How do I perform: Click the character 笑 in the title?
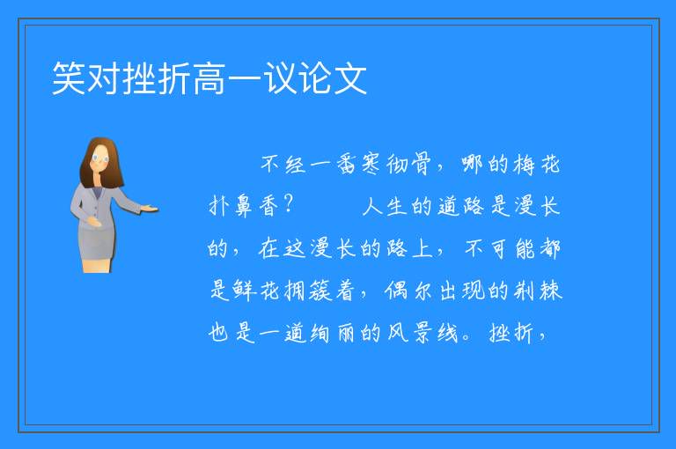[x=69, y=78]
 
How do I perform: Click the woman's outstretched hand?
[x=150, y=210]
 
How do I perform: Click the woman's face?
[x=101, y=158]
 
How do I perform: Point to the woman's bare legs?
[x=97, y=266]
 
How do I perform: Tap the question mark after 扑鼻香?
[x=289, y=204]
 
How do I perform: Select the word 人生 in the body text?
[x=385, y=205]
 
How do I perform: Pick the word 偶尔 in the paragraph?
[x=408, y=291]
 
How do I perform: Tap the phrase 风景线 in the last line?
[x=422, y=333]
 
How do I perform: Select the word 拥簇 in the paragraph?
[x=308, y=291]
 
